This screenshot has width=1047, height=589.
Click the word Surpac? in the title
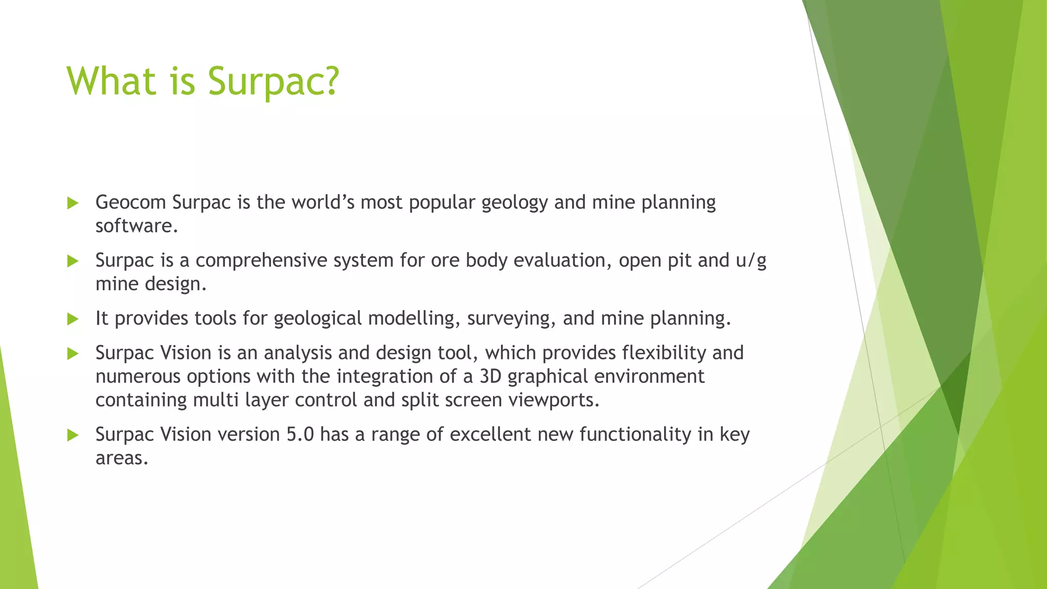pyautogui.click(x=273, y=82)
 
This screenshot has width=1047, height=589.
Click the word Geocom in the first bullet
pyautogui.click(x=130, y=202)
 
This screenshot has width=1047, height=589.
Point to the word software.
pyautogui.click(x=136, y=226)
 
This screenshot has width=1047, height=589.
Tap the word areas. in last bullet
pyautogui.click(x=122, y=458)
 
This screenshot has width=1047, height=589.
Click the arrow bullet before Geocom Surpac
pyautogui.click(x=73, y=203)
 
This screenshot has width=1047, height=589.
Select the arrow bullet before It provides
pyautogui.click(x=73, y=320)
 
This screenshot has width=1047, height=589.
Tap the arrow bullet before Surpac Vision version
pyautogui.click(x=73, y=436)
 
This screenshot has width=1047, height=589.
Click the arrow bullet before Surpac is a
pyautogui.click(x=73, y=262)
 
